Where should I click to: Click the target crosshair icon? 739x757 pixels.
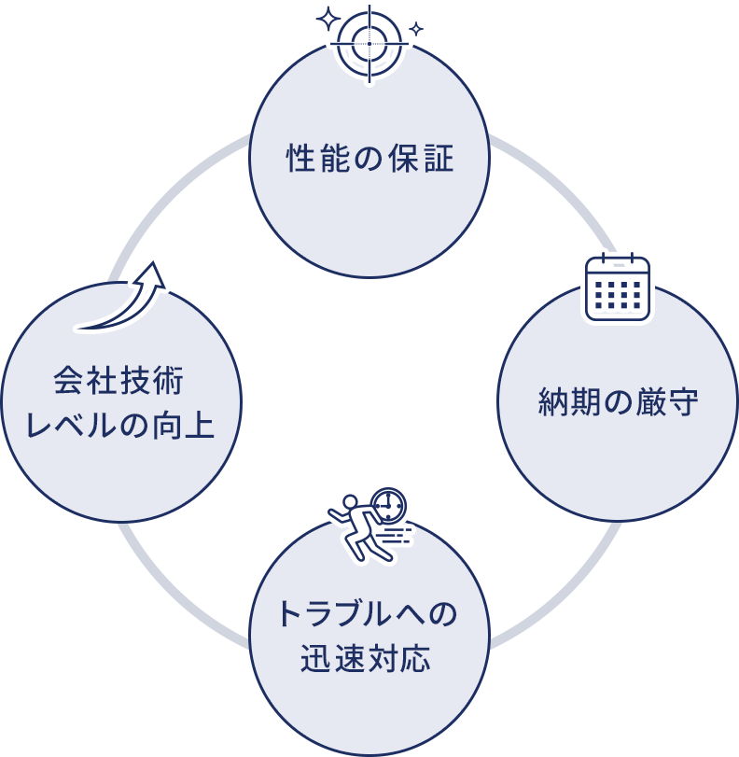click(x=369, y=43)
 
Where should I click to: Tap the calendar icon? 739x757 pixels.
click(x=618, y=287)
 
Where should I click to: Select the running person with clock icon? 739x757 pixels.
click(x=369, y=523)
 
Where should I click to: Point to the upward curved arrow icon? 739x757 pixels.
click(x=122, y=294)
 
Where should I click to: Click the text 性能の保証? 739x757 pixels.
click(x=369, y=159)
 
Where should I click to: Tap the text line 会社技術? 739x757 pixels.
click(x=119, y=382)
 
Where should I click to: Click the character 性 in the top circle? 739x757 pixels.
click(x=299, y=159)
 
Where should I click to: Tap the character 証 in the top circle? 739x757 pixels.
click(x=440, y=159)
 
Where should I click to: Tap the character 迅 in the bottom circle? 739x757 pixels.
click(x=315, y=659)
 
